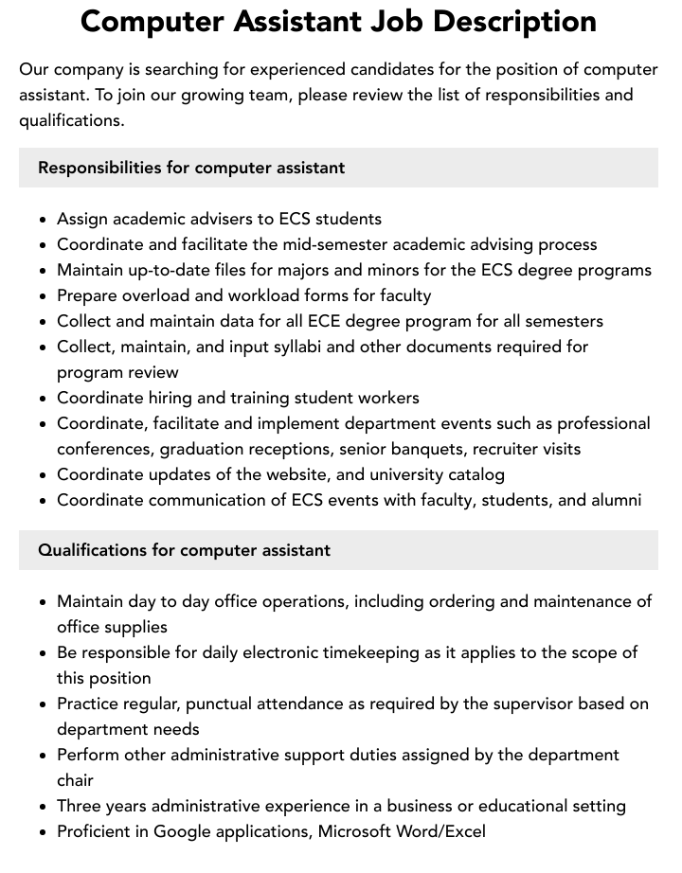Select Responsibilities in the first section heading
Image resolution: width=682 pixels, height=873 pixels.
[x=99, y=168]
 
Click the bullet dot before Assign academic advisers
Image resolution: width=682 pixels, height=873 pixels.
[x=44, y=220]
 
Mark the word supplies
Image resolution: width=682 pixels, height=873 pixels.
[x=136, y=627]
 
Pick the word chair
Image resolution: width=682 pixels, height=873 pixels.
[x=76, y=780]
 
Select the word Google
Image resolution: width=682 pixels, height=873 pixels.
[x=182, y=831]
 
